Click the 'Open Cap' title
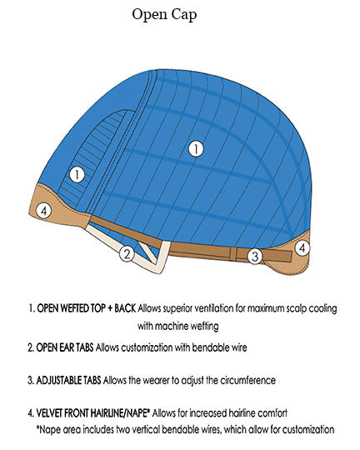[x=164, y=15]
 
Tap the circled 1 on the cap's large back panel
[x=196, y=148]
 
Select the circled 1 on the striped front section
[x=77, y=174]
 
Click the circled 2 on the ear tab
[x=127, y=253]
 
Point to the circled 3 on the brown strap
[x=255, y=257]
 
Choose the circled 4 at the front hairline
[x=44, y=211]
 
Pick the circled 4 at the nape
[x=302, y=247]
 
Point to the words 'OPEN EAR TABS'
[x=65, y=347]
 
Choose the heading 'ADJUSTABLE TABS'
[x=68, y=380]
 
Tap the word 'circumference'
[x=248, y=380]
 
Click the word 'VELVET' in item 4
[x=49, y=413]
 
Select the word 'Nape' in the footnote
[x=50, y=430]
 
